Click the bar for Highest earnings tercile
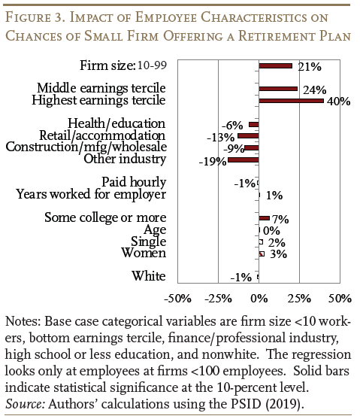[x=291, y=101]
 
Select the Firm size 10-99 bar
[x=275, y=65]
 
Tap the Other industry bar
[x=244, y=159]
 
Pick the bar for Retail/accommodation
[x=248, y=135]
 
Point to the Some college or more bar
[x=264, y=218]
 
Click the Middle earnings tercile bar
[x=278, y=89]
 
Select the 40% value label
[x=339, y=102]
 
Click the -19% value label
[x=213, y=162]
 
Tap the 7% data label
[x=280, y=220]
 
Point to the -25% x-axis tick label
[x=218, y=299]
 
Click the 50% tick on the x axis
[x=340, y=299]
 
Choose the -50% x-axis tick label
[x=177, y=299]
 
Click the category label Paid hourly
[x=134, y=182]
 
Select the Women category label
[x=144, y=253]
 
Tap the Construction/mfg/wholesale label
[x=86, y=147]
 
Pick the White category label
[x=149, y=276]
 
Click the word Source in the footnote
[x=25, y=404]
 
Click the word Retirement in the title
[x=277, y=36]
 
